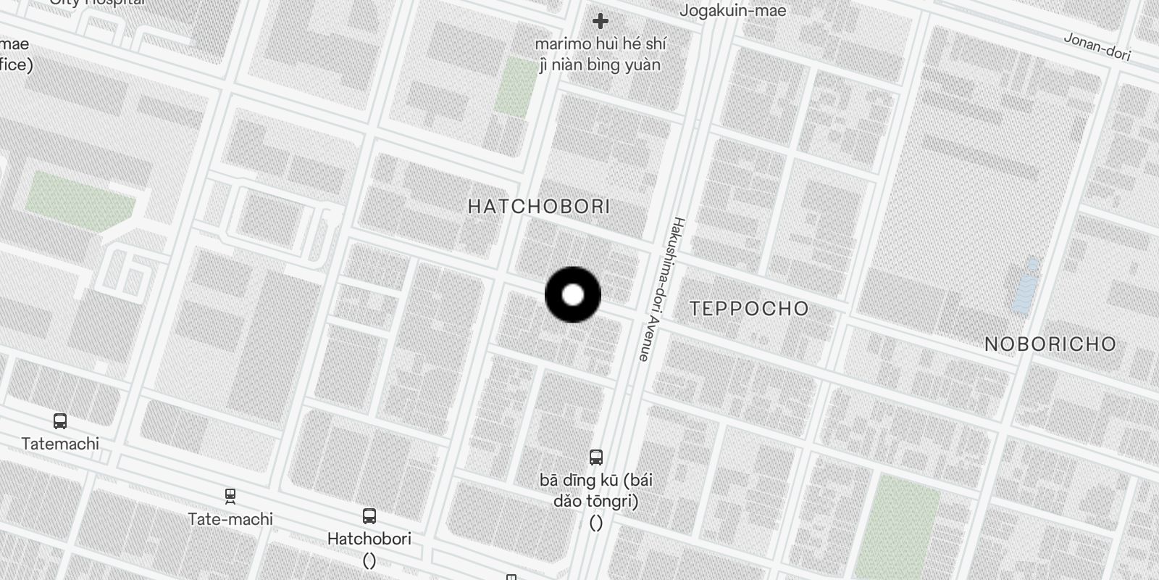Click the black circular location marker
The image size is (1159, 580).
(573, 295)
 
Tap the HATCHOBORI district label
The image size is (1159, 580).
(539, 207)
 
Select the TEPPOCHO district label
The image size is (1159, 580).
(749, 309)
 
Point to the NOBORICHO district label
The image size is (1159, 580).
(1050, 344)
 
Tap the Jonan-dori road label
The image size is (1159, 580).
(1097, 46)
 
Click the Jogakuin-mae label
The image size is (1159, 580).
(732, 11)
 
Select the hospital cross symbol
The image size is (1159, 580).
(600, 21)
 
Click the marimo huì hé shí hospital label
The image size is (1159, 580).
(600, 54)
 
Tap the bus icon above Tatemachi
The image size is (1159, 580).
(60, 421)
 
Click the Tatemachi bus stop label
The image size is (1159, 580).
(60, 444)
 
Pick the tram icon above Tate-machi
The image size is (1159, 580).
(230, 497)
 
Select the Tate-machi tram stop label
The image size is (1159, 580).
(230, 519)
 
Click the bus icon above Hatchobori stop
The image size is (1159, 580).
(369, 516)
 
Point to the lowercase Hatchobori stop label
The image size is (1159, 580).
(369, 539)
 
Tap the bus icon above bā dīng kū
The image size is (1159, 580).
(596, 457)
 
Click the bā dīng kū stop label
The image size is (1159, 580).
(596, 490)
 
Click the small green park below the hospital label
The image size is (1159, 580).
(516, 86)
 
